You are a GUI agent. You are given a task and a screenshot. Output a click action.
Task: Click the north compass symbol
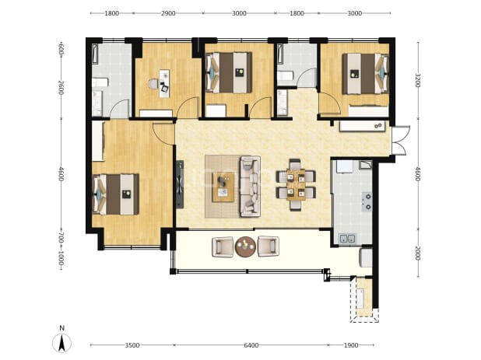pyautogui.click(x=61, y=343)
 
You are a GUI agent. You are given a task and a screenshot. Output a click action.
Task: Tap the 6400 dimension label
pyautogui.click(x=251, y=345)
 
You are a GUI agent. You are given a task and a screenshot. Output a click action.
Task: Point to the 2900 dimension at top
pyautogui.click(x=168, y=13)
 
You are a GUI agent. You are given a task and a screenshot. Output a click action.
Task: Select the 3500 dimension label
pyautogui.click(x=132, y=345)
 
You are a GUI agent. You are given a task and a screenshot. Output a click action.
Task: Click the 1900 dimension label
pyautogui.click(x=351, y=345)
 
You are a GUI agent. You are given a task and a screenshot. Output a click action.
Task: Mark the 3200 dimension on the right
pyautogui.click(x=417, y=80)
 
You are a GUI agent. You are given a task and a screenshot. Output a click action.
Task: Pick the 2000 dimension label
pyautogui.click(x=417, y=253)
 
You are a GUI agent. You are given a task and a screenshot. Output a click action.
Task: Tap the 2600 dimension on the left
pyautogui.click(x=61, y=87)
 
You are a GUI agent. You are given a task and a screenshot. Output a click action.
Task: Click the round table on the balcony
pyautogui.click(x=245, y=246)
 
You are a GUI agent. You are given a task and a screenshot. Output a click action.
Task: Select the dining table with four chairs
pyautogui.click(x=296, y=185)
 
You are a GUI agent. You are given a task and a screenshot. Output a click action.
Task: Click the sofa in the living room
pyautogui.click(x=251, y=187)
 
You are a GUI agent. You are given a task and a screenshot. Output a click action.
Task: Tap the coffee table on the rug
pyautogui.click(x=223, y=187)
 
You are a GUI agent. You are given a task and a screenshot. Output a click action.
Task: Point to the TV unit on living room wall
pyautogui.click(x=180, y=184)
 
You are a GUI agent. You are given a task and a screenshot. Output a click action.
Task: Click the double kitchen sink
pyautogui.click(x=347, y=238)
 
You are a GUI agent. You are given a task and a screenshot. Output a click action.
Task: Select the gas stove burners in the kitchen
pyautogui.click(x=367, y=201)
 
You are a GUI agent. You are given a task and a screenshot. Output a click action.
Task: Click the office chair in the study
pyautogui.click(x=153, y=84)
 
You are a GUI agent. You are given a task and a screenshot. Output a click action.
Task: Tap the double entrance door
pyautogui.click(x=400, y=140)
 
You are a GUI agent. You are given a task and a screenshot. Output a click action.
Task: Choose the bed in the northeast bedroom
pyautogui.click(x=365, y=74)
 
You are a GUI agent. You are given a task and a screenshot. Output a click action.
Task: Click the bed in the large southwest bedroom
pyautogui.click(x=116, y=194)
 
